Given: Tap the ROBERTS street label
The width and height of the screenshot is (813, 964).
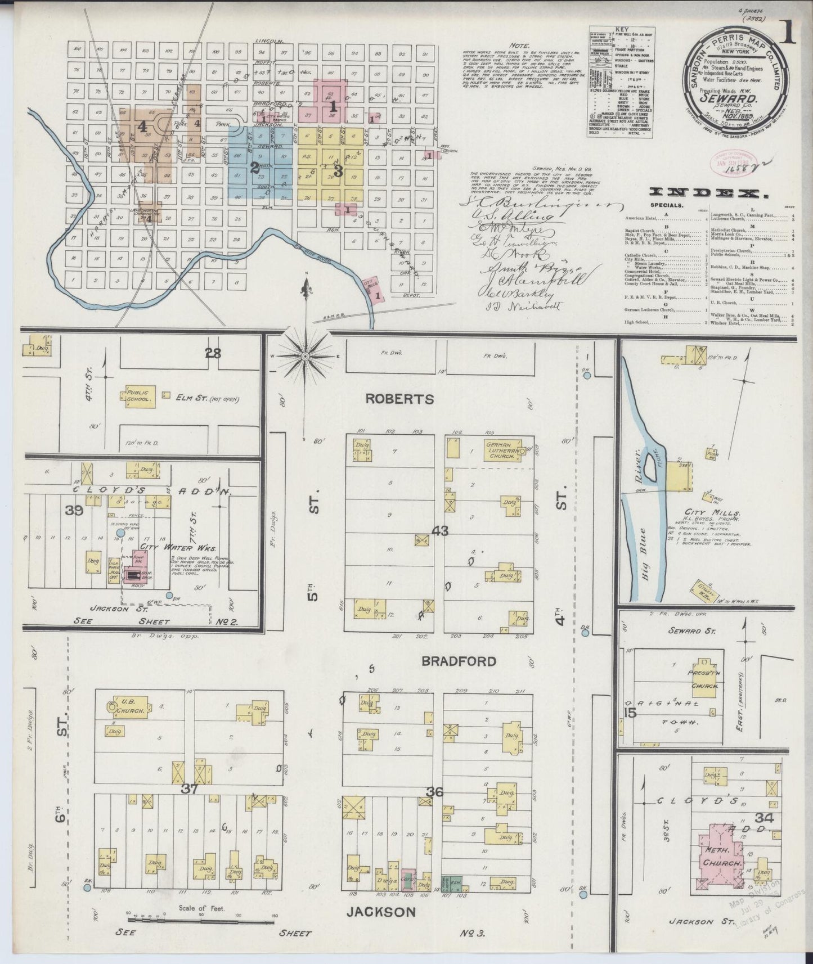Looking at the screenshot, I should click(x=399, y=399).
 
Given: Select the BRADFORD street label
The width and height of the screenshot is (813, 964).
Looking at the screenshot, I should click(x=459, y=661).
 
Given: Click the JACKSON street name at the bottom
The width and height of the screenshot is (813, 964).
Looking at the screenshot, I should click(x=381, y=912).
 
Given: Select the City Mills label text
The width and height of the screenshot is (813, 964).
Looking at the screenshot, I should click(x=710, y=513).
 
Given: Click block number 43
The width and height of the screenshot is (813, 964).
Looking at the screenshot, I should click(x=439, y=530).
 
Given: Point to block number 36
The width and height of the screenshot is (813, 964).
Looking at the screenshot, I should click(x=434, y=792).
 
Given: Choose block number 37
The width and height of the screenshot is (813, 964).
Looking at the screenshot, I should click(x=190, y=789).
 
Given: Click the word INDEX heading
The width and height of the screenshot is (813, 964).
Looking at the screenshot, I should click(x=709, y=193).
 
